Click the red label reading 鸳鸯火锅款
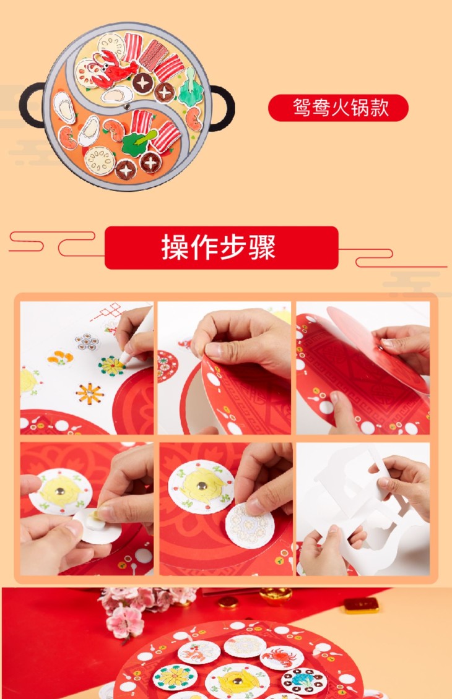[x=338, y=108]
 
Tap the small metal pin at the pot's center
[x=127, y=107]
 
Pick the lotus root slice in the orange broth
[x=99, y=160]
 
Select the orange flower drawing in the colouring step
[x=89, y=393]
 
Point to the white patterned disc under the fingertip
[x=249, y=525]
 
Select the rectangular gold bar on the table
[x=362, y=606]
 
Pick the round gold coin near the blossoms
[x=228, y=602]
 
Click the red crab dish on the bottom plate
[x=282, y=657]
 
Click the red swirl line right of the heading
[x=393, y=258]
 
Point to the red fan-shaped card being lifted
[x=375, y=348]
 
